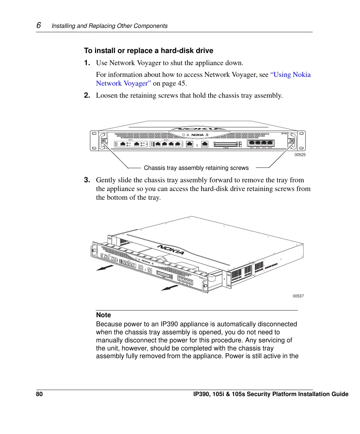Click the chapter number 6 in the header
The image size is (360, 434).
[39, 25]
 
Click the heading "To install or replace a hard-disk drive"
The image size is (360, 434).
[148, 51]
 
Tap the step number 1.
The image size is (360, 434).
[87, 63]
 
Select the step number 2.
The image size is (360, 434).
[87, 95]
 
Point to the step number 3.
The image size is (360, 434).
[87, 180]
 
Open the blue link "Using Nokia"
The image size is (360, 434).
[290, 75]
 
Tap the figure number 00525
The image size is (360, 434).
[300, 155]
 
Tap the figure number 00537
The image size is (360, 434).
[298, 296]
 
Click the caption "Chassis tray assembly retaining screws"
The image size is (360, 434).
[196, 168]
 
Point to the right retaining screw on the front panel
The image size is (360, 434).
[292, 141]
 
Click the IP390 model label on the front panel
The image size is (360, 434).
[284, 134]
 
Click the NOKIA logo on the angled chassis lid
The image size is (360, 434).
[171, 250]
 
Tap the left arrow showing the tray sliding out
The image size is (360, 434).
[105, 268]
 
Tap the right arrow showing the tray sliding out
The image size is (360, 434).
[170, 288]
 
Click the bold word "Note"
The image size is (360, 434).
[103, 315]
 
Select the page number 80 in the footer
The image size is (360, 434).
[39, 394]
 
